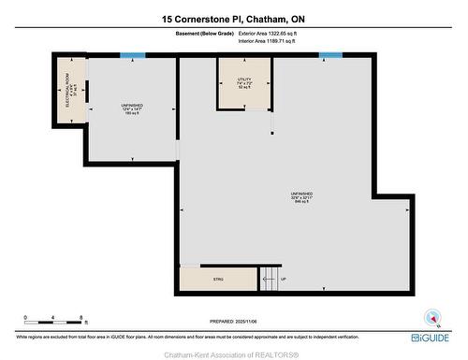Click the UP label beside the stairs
pyautogui.click(x=284, y=278)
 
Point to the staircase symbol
pyautogui.click(x=268, y=277)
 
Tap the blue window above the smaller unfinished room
pyautogui.click(x=133, y=54)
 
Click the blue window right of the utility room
pyautogui.click(x=330, y=55)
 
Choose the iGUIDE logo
pyautogui.click(x=430, y=338)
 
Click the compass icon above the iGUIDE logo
pyautogui.click(x=431, y=317)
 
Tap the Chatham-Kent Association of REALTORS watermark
pyautogui.click(x=233, y=353)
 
